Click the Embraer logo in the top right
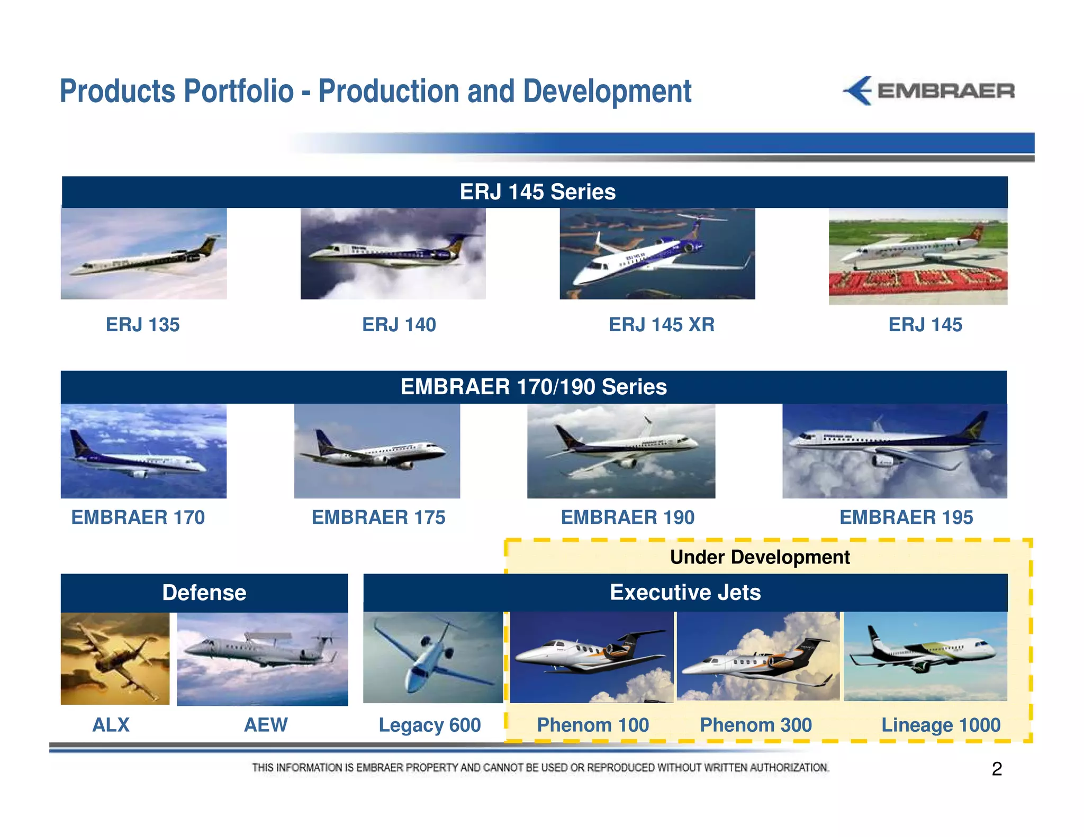929,91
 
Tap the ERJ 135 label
142,324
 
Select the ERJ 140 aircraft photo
393,253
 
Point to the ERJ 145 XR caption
661,324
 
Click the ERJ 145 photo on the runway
918,256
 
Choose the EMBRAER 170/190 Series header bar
534,387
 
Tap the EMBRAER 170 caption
138,517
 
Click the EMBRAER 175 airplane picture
377,451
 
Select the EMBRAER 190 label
627,517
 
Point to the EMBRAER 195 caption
906,517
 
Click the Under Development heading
760,557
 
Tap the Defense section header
204,593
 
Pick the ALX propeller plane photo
115,658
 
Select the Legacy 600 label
429,725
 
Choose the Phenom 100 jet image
591,657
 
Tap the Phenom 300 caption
755,725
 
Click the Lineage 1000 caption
941,725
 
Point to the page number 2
997,769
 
